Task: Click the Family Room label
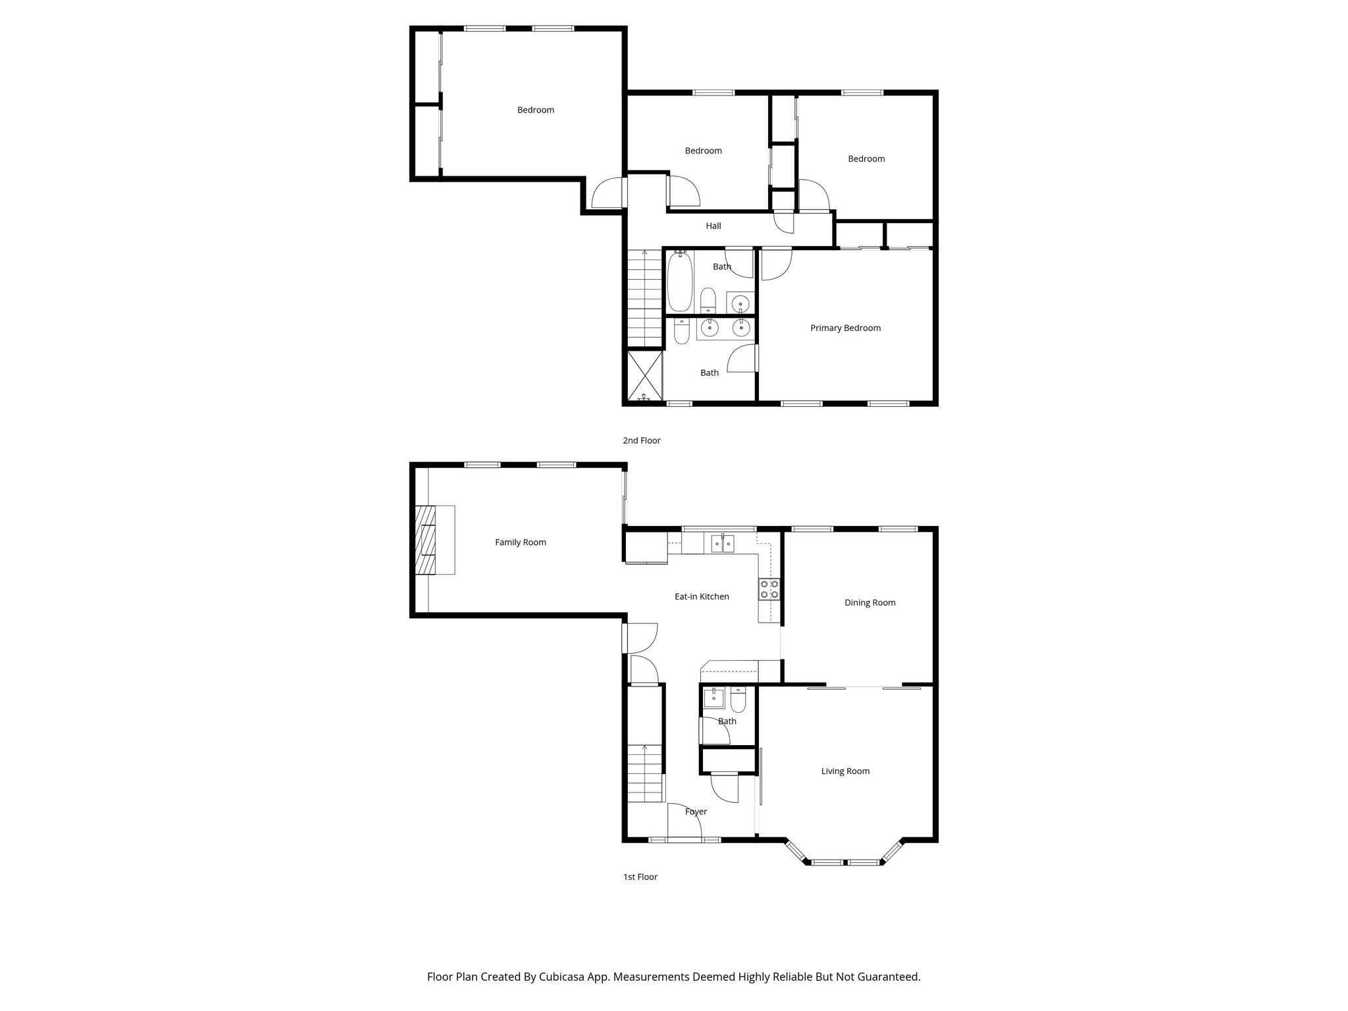[x=520, y=542]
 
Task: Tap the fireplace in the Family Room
[x=426, y=540]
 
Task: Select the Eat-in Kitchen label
[x=702, y=596]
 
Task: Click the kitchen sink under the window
[x=722, y=544]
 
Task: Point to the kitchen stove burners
[x=769, y=589]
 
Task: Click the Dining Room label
[x=869, y=602]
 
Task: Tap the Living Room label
[x=845, y=771]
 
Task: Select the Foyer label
[x=696, y=812]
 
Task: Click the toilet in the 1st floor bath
[x=738, y=701]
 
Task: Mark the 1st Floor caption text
[x=640, y=877]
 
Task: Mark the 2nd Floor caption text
[x=641, y=440]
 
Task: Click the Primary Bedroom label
[x=845, y=328]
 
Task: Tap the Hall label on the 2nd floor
[x=713, y=226]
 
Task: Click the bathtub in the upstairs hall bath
[x=679, y=283]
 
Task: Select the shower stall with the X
[x=643, y=375]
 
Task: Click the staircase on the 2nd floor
[x=643, y=299]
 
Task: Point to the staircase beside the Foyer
[x=643, y=773]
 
